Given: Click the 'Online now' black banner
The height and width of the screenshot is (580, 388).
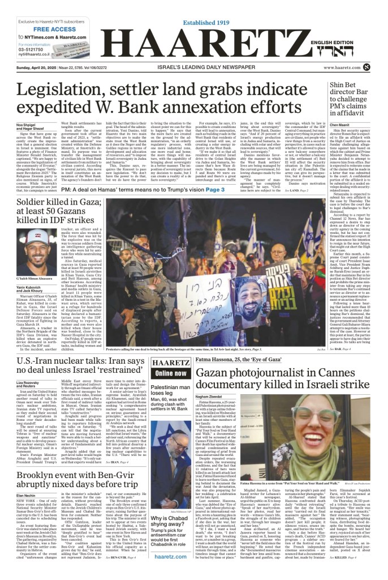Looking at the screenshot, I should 171,373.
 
